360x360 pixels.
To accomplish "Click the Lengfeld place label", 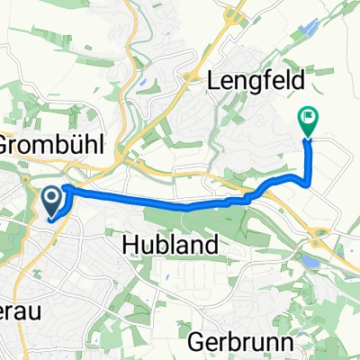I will tap(256, 80).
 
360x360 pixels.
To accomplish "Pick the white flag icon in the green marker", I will tap(309, 115).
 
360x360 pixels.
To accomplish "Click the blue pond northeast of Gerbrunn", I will tap(309, 261).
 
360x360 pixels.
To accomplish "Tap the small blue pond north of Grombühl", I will tap(144, 86).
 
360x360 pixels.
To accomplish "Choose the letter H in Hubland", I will tap(127, 245).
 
